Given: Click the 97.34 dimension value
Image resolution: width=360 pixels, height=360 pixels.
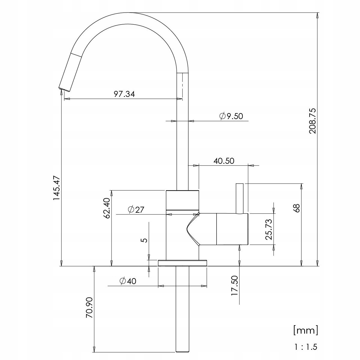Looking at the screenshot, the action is pos(124,94).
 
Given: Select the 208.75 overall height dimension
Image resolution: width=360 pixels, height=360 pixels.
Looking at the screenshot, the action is pos(312,121).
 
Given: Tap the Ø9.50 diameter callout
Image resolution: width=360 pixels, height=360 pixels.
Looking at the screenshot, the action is pos(231,116).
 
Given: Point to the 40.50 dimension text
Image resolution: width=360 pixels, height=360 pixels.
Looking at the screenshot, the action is pos(224,161).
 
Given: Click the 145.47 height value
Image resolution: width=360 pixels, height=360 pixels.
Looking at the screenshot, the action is pos(57,188).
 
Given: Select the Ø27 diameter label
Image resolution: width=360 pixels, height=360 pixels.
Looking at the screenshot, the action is pos(136,210).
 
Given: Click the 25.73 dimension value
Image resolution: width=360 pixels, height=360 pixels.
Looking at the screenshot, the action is pos(268,229).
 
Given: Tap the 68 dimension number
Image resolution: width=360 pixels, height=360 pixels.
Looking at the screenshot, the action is pos(296,208).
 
